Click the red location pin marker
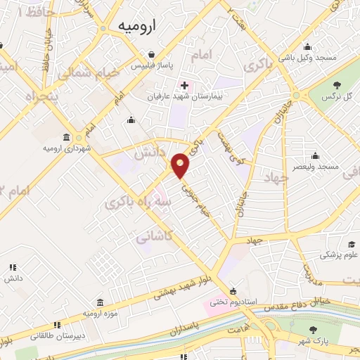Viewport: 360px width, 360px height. pos(181,165)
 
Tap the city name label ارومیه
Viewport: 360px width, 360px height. pos(133,26)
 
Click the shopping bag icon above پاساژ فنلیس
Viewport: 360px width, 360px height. pos(151,54)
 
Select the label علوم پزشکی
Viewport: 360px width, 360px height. pos(340,255)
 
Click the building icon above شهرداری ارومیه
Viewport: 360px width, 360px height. pos(66,136)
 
